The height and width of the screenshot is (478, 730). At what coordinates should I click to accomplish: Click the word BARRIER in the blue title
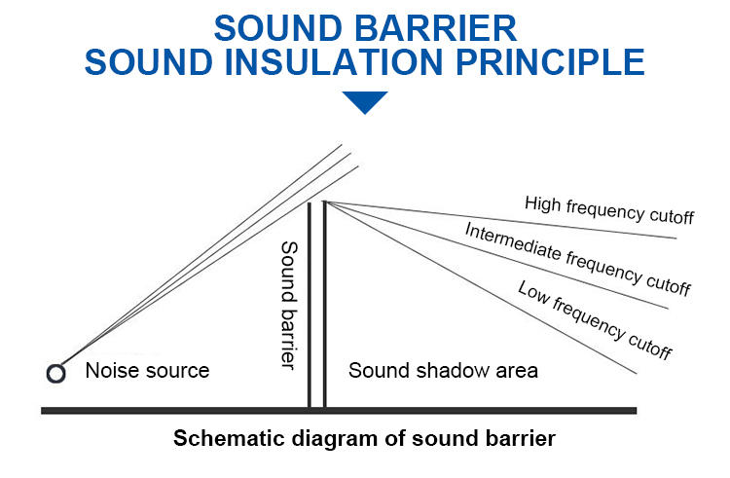(x=436, y=28)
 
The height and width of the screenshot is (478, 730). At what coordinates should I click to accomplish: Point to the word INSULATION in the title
(x=333, y=62)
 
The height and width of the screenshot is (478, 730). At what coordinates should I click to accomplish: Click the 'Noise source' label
(x=147, y=371)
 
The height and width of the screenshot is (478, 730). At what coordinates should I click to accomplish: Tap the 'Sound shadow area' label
(x=443, y=371)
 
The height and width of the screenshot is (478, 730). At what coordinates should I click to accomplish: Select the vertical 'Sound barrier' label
(x=289, y=306)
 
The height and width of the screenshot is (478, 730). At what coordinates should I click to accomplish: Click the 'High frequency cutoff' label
(x=609, y=210)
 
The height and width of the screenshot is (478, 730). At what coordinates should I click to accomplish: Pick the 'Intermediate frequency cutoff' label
(x=578, y=259)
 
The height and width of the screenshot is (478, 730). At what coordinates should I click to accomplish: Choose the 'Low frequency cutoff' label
(x=595, y=319)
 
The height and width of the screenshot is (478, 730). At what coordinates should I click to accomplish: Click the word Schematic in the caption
(x=229, y=438)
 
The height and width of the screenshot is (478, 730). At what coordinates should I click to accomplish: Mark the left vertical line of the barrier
(x=310, y=306)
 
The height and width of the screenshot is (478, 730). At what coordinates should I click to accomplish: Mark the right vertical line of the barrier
(x=324, y=305)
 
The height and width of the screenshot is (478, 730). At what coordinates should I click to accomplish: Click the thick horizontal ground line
(x=339, y=411)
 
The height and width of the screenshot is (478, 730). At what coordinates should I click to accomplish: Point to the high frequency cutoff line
(x=501, y=220)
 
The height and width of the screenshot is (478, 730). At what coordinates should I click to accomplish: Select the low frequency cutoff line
(x=481, y=287)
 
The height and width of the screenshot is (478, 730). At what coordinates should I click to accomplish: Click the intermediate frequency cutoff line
(x=497, y=255)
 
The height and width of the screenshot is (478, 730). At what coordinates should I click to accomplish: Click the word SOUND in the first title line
(x=278, y=28)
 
